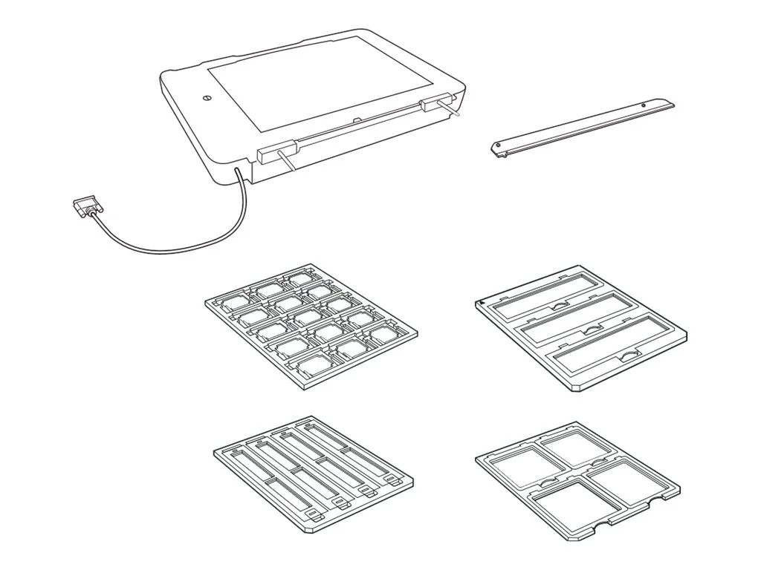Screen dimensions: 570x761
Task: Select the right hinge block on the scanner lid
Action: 431,105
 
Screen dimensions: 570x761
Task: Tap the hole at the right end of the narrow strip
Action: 643,105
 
